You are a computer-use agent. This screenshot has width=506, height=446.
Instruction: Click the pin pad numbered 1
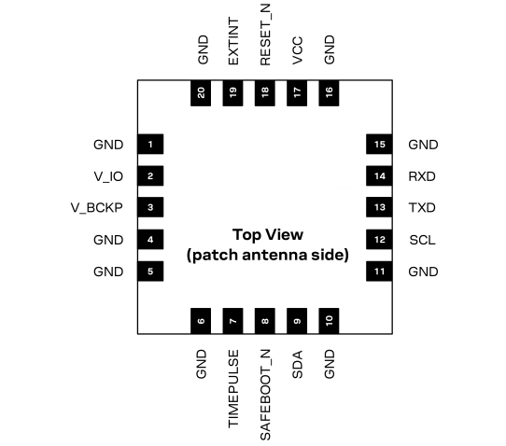click(150, 144)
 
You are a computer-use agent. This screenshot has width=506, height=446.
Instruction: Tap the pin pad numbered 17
click(297, 93)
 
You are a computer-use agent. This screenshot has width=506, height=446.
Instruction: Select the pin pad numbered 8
click(265, 321)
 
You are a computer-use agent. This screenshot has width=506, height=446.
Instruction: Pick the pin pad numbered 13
click(379, 207)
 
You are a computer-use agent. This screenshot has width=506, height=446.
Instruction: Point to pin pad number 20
click(201, 93)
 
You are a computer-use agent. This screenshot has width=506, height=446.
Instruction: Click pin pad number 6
click(201, 321)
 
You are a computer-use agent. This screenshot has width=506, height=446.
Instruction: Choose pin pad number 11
click(379, 272)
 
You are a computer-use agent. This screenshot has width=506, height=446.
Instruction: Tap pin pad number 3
click(150, 207)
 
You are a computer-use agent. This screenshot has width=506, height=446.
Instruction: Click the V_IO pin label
click(108, 176)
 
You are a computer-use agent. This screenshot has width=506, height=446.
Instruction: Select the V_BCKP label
click(97, 208)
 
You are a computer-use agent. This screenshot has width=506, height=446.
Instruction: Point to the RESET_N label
click(265, 35)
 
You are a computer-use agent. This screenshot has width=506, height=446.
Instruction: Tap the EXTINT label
click(233, 42)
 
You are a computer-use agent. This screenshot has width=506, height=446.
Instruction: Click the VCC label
click(297, 50)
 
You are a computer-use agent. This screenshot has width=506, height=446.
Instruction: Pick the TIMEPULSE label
click(233, 389)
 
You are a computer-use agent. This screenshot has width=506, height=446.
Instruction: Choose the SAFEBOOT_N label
click(265, 395)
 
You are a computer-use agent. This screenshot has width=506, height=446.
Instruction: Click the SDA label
click(297, 365)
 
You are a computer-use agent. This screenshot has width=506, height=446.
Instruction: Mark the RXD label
click(422, 176)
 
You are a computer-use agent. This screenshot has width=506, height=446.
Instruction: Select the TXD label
click(422, 208)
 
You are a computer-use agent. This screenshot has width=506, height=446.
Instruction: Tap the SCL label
click(422, 240)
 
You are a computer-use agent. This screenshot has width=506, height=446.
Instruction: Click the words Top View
click(268, 235)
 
